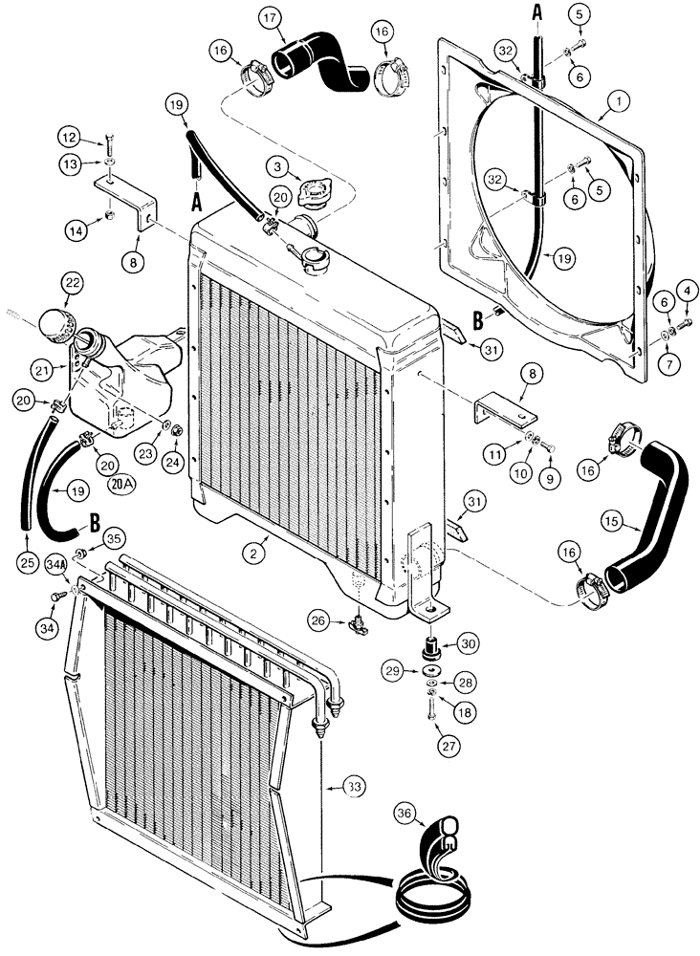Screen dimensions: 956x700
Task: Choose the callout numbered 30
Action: (467, 645)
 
